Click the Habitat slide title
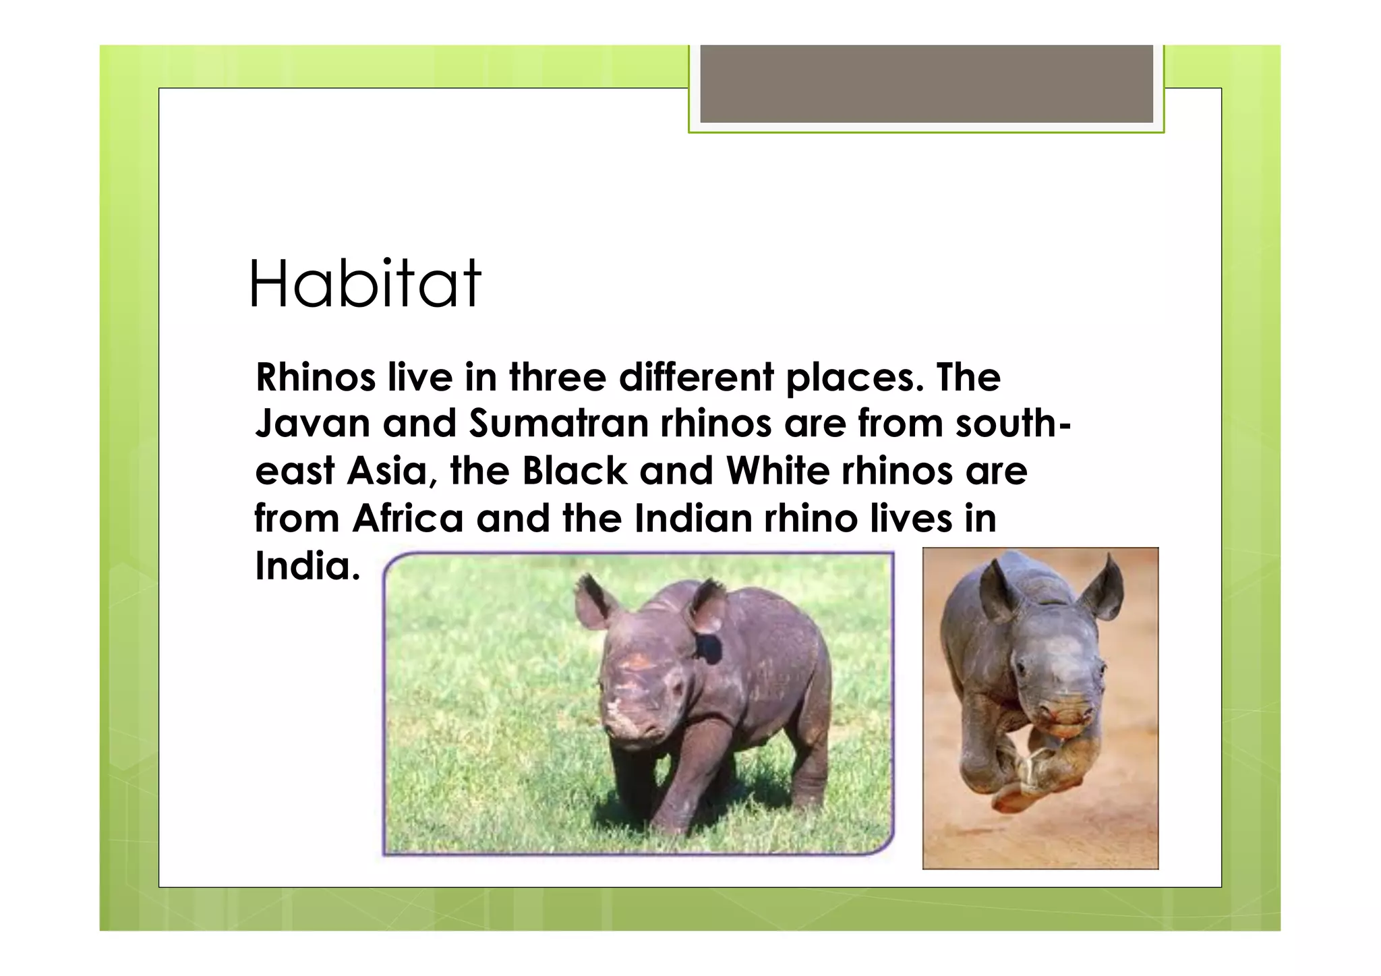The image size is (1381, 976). pyautogui.click(x=365, y=285)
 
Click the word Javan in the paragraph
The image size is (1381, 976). pyautogui.click(x=312, y=424)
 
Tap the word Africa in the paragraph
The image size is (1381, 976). pyautogui.click(x=407, y=519)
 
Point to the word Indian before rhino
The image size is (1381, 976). pyautogui.click(x=693, y=519)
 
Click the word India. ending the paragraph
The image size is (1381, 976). pyautogui.click(x=307, y=566)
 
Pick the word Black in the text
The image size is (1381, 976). pyautogui.click(x=575, y=471)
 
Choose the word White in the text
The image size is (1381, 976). pyautogui.click(x=777, y=471)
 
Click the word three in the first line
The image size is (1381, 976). pyautogui.click(x=557, y=377)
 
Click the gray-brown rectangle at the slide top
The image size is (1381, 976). pyautogui.click(x=926, y=84)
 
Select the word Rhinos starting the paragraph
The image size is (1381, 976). pyautogui.click(x=315, y=377)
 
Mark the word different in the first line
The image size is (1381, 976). pyautogui.click(x=697, y=377)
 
